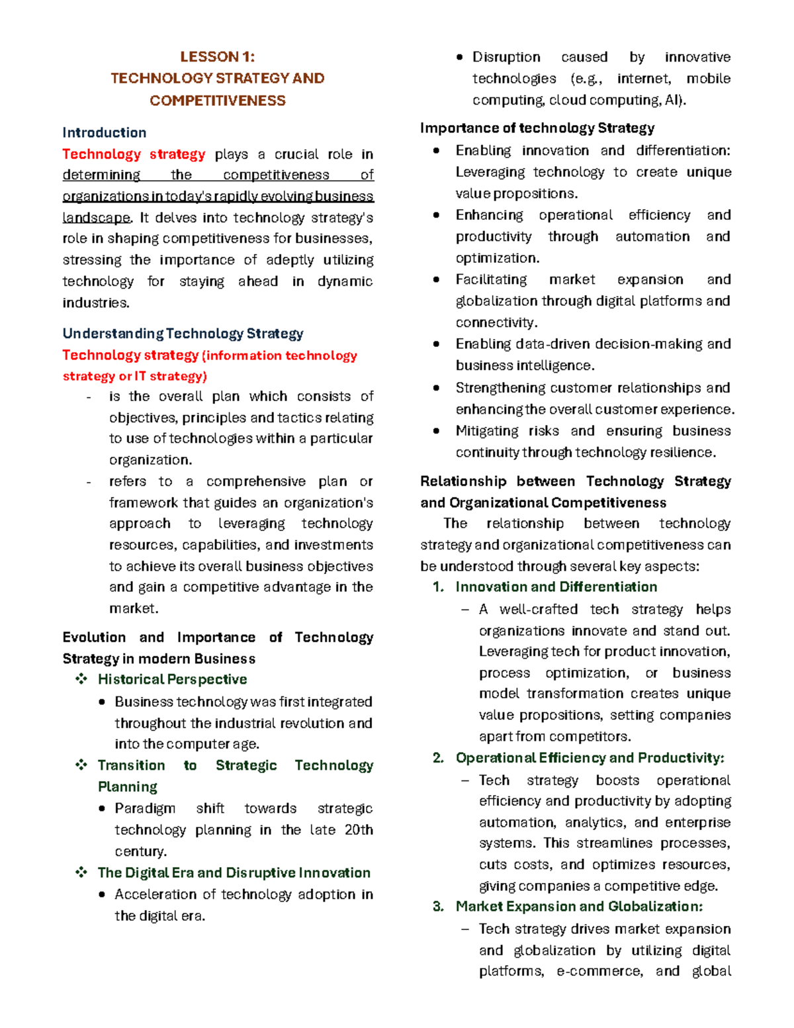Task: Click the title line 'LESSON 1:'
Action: point(217,57)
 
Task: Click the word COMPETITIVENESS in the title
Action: point(217,101)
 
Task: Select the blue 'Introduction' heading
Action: point(104,132)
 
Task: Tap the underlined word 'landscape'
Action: point(96,218)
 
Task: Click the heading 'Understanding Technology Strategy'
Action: point(183,334)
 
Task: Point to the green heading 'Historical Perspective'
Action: point(172,679)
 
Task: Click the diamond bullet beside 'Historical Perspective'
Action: point(81,679)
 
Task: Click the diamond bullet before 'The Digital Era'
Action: point(81,872)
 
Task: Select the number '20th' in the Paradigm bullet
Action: point(359,830)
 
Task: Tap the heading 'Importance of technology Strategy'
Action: point(537,128)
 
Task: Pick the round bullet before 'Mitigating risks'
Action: point(436,431)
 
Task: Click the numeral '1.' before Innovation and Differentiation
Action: point(438,587)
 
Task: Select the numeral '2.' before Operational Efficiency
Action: point(438,758)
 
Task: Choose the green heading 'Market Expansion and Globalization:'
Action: point(579,907)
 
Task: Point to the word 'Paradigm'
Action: point(145,809)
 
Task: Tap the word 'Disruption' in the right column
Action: point(506,58)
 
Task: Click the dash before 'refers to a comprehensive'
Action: point(89,482)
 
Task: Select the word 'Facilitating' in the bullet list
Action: point(491,280)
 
